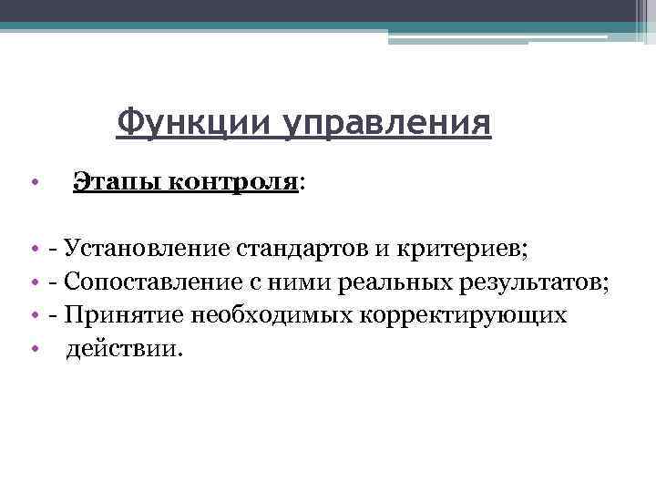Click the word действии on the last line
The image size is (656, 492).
click(x=124, y=350)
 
